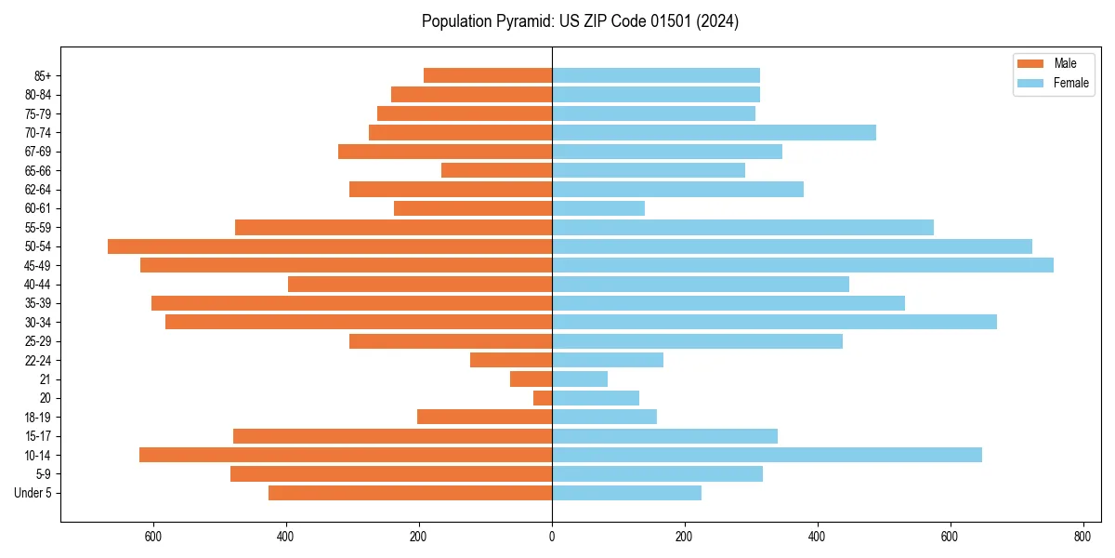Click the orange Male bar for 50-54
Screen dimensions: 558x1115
[330, 246]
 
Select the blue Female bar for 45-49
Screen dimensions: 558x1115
[803, 265]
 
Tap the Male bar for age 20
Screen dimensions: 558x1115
[543, 398]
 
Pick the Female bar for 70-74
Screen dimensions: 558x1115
[714, 133]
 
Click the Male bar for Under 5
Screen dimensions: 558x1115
[410, 493]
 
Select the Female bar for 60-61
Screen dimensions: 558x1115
[598, 208]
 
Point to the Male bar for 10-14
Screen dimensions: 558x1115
[346, 455]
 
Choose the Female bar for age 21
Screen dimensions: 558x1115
[580, 379]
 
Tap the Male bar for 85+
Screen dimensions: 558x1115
[488, 75]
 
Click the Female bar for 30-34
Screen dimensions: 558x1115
[774, 322]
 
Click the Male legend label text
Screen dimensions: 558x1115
[1065, 63]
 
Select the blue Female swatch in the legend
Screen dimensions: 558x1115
[1030, 83]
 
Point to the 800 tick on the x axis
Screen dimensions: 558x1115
[1082, 537]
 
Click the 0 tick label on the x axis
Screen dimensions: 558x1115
[552, 537]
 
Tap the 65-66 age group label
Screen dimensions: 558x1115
[38, 171]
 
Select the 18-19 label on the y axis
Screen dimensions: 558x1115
[38, 418]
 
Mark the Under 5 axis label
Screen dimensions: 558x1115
[33, 493]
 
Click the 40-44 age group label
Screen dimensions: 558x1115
[38, 285]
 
